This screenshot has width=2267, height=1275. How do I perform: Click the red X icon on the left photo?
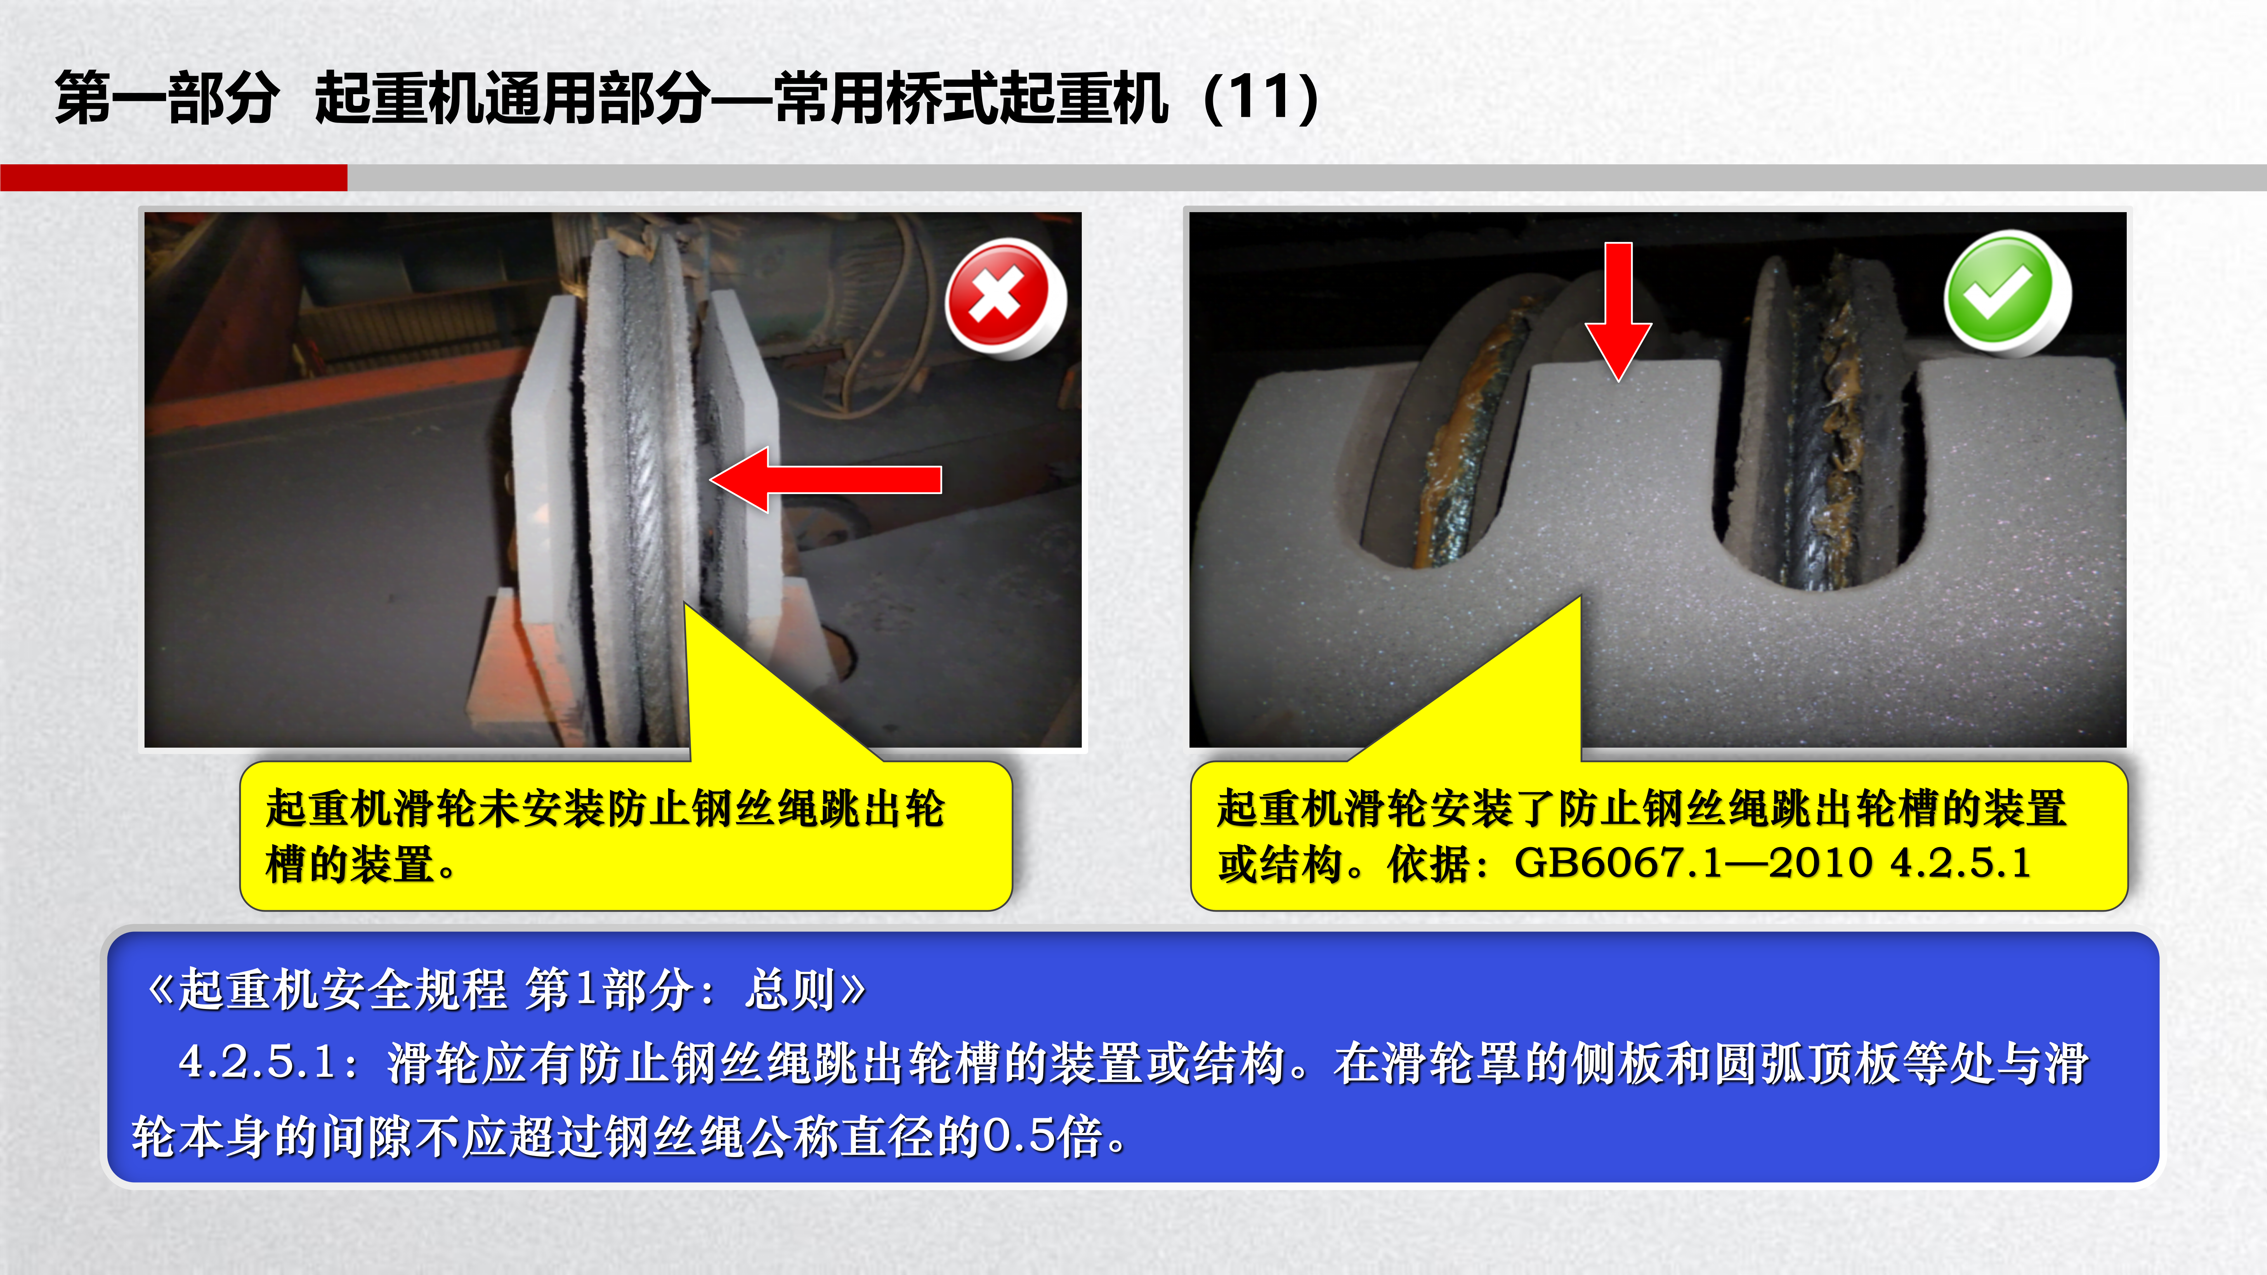(1005, 297)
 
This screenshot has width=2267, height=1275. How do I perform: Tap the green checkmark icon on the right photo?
(2007, 293)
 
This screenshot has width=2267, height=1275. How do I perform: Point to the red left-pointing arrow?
(825, 480)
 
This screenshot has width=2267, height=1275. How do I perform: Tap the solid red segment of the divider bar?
(173, 177)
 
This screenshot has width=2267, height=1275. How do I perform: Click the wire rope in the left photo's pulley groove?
(647, 493)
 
